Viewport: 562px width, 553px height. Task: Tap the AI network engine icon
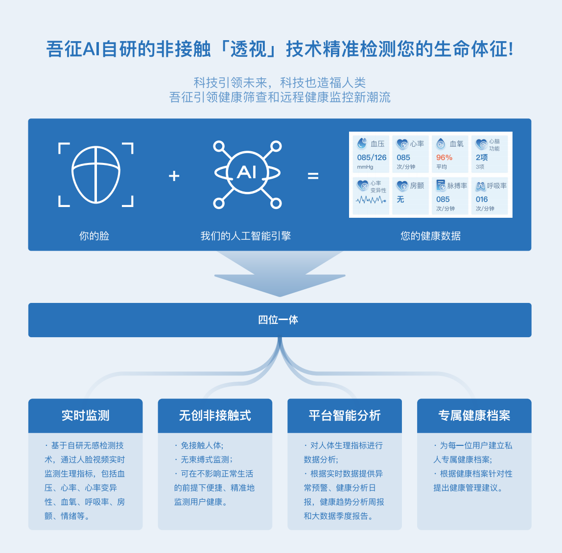point(247,174)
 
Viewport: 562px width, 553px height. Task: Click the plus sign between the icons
point(174,176)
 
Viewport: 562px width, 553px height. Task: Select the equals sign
point(313,176)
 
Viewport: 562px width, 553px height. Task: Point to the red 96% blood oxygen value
point(444,158)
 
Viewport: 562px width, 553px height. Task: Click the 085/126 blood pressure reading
point(372,158)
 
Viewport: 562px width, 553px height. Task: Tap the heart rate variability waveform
point(371,200)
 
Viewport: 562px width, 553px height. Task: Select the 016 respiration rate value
point(482,199)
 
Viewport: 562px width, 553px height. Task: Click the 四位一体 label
point(278,320)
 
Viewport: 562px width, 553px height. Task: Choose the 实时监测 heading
point(86,415)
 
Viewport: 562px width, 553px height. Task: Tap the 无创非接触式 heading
point(215,415)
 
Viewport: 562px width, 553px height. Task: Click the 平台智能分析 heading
point(345,415)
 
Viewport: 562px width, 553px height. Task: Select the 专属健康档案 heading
point(474,415)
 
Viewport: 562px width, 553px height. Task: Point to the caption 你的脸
point(94,236)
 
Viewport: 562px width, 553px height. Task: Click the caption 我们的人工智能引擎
point(246,236)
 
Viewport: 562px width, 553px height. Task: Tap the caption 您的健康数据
point(430,236)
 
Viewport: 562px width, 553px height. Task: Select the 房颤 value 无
point(400,199)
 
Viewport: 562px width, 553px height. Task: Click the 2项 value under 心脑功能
point(482,158)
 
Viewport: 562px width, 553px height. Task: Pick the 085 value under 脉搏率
point(443,199)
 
